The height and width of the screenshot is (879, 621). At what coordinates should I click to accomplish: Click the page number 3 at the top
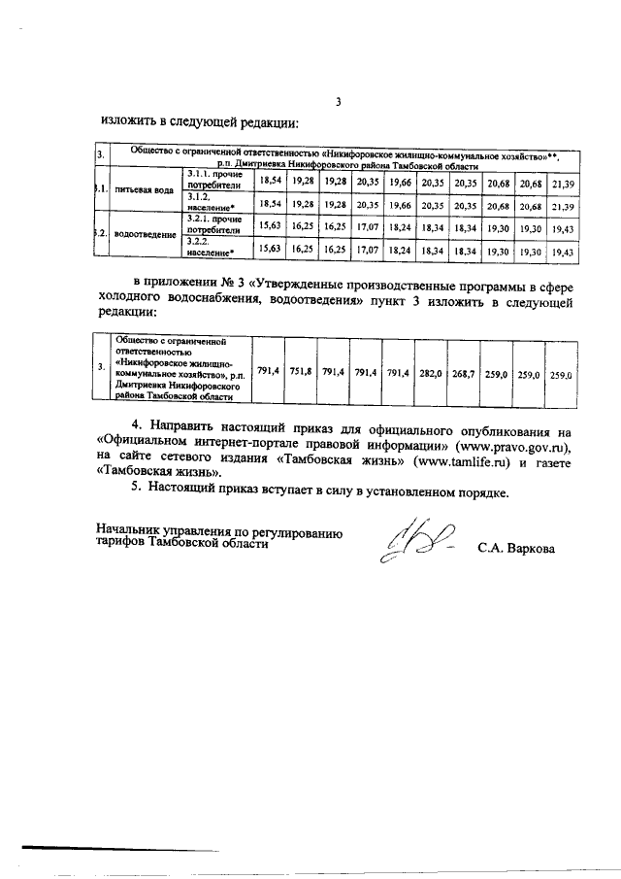338,102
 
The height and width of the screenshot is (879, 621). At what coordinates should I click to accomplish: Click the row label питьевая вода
144,191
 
